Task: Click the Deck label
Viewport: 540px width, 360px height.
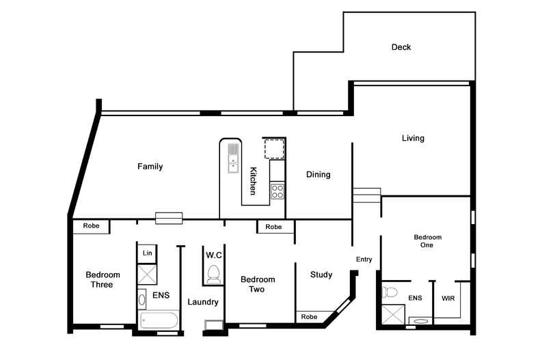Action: click(x=401, y=47)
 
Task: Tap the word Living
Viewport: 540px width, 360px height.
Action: click(x=413, y=139)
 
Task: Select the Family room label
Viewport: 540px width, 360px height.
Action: click(x=150, y=167)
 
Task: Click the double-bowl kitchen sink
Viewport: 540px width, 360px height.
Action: click(x=233, y=158)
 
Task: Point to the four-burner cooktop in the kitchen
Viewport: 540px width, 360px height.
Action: click(x=278, y=191)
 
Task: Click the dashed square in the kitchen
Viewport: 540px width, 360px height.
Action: click(x=275, y=148)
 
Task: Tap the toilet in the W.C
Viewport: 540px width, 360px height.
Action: click(x=213, y=275)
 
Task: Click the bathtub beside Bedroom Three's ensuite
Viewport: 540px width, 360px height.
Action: click(x=159, y=320)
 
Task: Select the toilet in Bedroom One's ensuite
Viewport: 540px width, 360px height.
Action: click(x=390, y=292)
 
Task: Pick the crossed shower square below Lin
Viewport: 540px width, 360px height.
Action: click(x=147, y=275)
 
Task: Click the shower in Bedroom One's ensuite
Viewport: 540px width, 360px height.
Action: click(x=393, y=314)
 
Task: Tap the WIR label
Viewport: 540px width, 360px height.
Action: click(x=448, y=299)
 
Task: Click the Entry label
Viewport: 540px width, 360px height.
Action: click(x=364, y=260)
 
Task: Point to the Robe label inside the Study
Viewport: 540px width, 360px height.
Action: click(x=309, y=317)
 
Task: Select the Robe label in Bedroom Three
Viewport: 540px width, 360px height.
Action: click(x=92, y=226)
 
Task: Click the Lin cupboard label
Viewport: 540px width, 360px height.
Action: click(x=148, y=253)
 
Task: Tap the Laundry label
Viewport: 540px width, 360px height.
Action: click(x=203, y=302)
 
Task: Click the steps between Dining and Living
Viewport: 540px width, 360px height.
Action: click(x=367, y=195)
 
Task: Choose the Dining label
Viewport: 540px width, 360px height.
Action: click(x=319, y=175)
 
